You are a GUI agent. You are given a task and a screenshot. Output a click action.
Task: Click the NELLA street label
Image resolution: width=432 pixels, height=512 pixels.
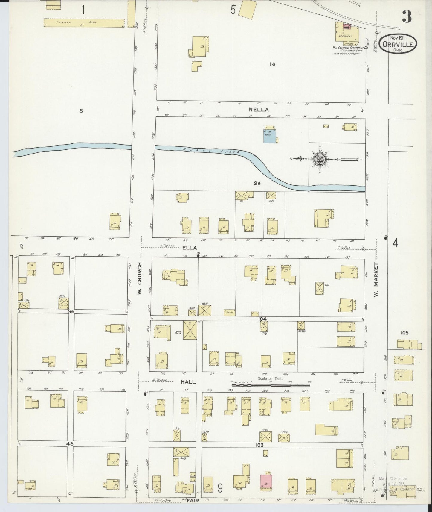(259, 110)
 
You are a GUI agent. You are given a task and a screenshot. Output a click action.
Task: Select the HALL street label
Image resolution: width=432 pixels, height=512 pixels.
(188, 382)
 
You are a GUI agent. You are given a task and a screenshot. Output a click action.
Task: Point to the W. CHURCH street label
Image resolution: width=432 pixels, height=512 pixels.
(139, 278)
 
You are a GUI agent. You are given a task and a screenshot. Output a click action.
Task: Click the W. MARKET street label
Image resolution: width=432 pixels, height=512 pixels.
(376, 280)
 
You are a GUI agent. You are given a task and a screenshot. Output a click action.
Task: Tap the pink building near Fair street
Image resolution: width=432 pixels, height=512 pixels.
(266, 482)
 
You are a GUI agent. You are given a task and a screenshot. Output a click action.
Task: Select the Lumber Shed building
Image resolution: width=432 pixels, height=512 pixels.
(84, 23)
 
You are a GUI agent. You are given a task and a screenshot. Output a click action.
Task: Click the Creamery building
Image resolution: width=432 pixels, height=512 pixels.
(347, 33)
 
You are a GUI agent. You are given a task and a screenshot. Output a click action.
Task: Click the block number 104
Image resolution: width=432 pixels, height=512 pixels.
(262, 319)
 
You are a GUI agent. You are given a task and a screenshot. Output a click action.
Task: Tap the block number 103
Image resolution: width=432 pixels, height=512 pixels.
(259, 445)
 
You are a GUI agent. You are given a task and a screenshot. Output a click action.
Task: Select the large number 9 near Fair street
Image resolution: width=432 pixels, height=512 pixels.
(220, 489)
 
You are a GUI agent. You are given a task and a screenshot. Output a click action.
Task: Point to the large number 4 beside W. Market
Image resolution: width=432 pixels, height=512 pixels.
(395, 243)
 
